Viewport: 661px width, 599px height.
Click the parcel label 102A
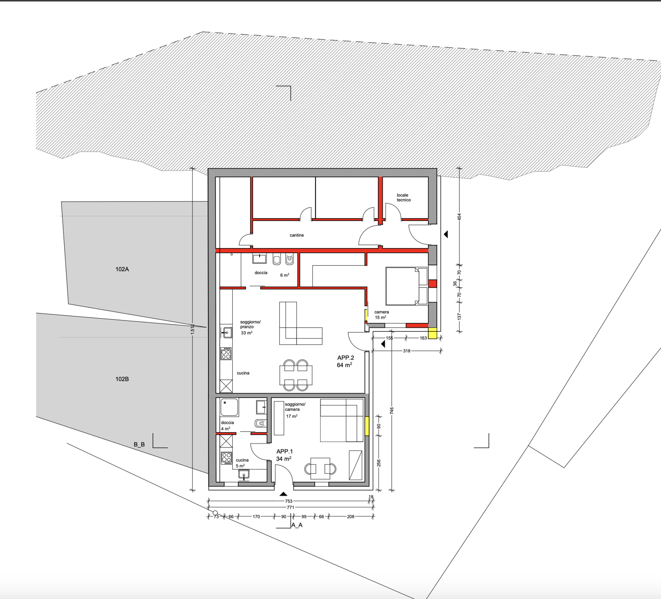(x=122, y=269)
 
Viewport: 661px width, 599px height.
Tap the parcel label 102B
(x=122, y=379)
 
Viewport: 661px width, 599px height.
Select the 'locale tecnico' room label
(x=403, y=197)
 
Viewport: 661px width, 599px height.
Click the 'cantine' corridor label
(x=297, y=235)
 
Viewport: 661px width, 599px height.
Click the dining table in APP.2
(x=296, y=376)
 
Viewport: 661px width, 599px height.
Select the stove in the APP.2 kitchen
(x=226, y=353)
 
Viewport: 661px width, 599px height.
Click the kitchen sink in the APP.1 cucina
(x=244, y=475)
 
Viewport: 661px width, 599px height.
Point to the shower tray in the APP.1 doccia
(x=229, y=408)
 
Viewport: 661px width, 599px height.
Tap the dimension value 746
(x=392, y=411)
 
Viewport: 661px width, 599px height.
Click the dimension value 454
(x=459, y=217)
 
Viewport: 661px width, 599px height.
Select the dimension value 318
(x=406, y=351)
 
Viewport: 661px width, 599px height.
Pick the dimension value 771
(x=290, y=507)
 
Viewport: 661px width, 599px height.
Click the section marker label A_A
(x=297, y=525)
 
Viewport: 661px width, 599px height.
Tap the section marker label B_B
(x=139, y=444)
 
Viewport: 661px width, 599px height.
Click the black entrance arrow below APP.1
(x=283, y=494)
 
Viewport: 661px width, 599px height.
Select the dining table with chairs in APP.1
(x=320, y=469)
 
